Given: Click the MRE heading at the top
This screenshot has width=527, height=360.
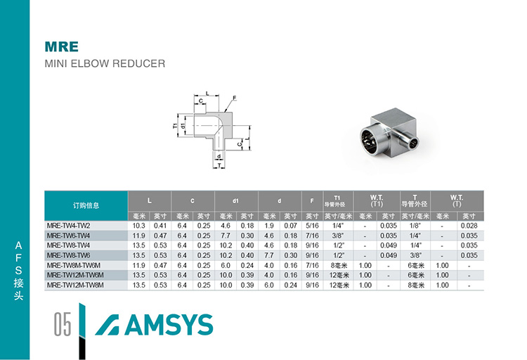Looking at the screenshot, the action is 62,47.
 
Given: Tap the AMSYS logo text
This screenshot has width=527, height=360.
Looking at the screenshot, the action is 169,325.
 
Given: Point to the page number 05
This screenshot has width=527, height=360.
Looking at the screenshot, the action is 63,324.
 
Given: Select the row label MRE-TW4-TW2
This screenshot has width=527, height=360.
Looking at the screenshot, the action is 69,226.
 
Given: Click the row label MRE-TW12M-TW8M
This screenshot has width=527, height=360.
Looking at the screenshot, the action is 75,285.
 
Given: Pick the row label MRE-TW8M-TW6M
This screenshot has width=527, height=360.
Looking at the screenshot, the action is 74,266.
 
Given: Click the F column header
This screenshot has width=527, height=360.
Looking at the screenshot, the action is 312,201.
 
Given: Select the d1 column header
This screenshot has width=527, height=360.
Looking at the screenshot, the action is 235,201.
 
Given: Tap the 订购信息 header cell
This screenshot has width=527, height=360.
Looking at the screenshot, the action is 86,205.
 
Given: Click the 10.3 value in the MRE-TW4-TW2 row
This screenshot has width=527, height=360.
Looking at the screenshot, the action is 139,226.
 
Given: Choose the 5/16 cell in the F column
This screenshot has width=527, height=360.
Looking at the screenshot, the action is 312,226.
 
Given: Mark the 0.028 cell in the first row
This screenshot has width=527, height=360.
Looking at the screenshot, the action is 469,226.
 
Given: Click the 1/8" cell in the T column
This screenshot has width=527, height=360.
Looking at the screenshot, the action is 415,226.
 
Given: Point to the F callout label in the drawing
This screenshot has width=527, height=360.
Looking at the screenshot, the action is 235,98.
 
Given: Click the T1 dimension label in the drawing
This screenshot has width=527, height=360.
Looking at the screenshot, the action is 175,126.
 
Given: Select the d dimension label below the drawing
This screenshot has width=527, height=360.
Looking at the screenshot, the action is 219,157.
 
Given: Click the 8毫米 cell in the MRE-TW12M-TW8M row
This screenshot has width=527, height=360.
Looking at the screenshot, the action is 415,285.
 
